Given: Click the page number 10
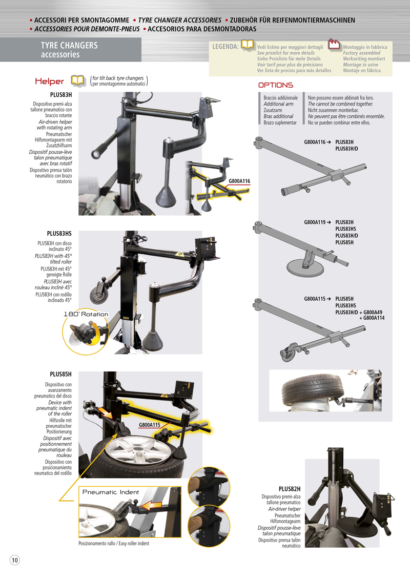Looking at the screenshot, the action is [x=14, y=560].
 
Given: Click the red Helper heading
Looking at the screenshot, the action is [x=49, y=81].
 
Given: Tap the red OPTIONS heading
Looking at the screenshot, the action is [x=276, y=85].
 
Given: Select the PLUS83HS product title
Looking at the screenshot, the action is [x=59, y=234].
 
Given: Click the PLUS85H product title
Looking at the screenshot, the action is [x=60, y=375].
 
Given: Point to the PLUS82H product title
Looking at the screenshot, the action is [x=290, y=489].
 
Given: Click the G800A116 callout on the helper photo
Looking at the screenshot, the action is [x=239, y=181].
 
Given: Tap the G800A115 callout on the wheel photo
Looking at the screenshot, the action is [x=150, y=425].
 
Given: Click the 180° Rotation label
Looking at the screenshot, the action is [x=86, y=314].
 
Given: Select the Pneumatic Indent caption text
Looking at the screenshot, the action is [x=111, y=492].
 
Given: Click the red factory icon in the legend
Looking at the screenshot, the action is [x=334, y=44].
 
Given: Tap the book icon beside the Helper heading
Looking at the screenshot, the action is [x=78, y=80].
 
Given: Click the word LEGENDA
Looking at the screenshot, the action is [x=225, y=47].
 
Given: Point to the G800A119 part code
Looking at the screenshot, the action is [x=315, y=222].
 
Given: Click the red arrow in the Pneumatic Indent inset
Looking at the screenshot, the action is [x=152, y=505].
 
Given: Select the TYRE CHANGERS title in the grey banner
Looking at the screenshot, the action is [x=69, y=46].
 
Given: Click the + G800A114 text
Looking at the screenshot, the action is [x=372, y=318].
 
